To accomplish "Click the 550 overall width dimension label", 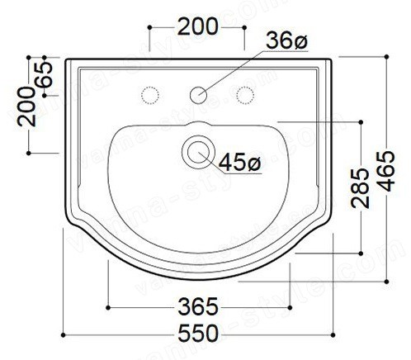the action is [x=198, y=334].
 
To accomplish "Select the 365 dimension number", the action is [x=198, y=306].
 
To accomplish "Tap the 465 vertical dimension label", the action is [x=386, y=171].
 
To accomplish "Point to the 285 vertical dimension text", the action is [x=360, y=188].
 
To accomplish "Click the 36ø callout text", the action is [x=286, y=40].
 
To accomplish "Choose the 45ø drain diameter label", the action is [x=239, y=163].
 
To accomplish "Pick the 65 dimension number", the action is [x=44, y=74].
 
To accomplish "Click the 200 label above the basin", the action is [x=198, y=26].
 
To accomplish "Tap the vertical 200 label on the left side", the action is [x=26, y=107].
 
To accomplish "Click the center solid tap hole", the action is [x=198, y=95].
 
